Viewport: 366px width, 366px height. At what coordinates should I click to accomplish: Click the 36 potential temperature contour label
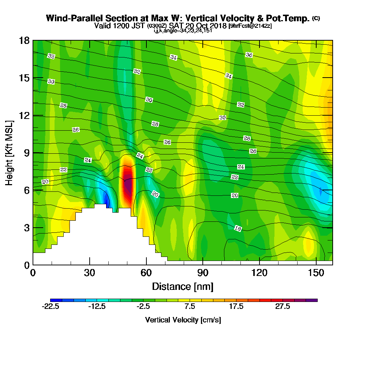pyautogui.click(x=249, y=55)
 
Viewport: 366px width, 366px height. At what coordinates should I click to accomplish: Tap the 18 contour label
pyautogui.click(x=238, y=228)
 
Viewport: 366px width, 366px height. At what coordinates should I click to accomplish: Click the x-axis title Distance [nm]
pyautogui.click(x=183, y=286)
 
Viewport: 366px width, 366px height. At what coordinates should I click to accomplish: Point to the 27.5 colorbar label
pyautogui.click(x=283, y=306)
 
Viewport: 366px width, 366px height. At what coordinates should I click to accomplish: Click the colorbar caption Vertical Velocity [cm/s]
pyautogui.click(x=183, y=320)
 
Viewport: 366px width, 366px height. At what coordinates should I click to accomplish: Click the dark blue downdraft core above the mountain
pyautogui.click(x=107, y=199)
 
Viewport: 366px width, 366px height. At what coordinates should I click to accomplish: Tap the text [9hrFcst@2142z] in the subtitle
pyautogui.click(x=250, y=26)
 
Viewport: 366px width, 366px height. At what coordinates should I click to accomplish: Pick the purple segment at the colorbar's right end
pyautogui.click(x=313, y=300)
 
